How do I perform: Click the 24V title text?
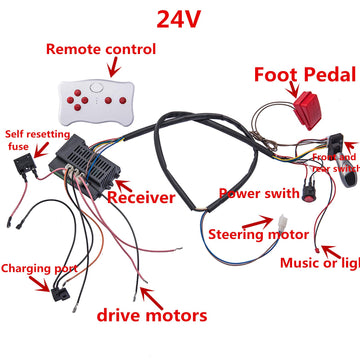pos(179,18)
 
